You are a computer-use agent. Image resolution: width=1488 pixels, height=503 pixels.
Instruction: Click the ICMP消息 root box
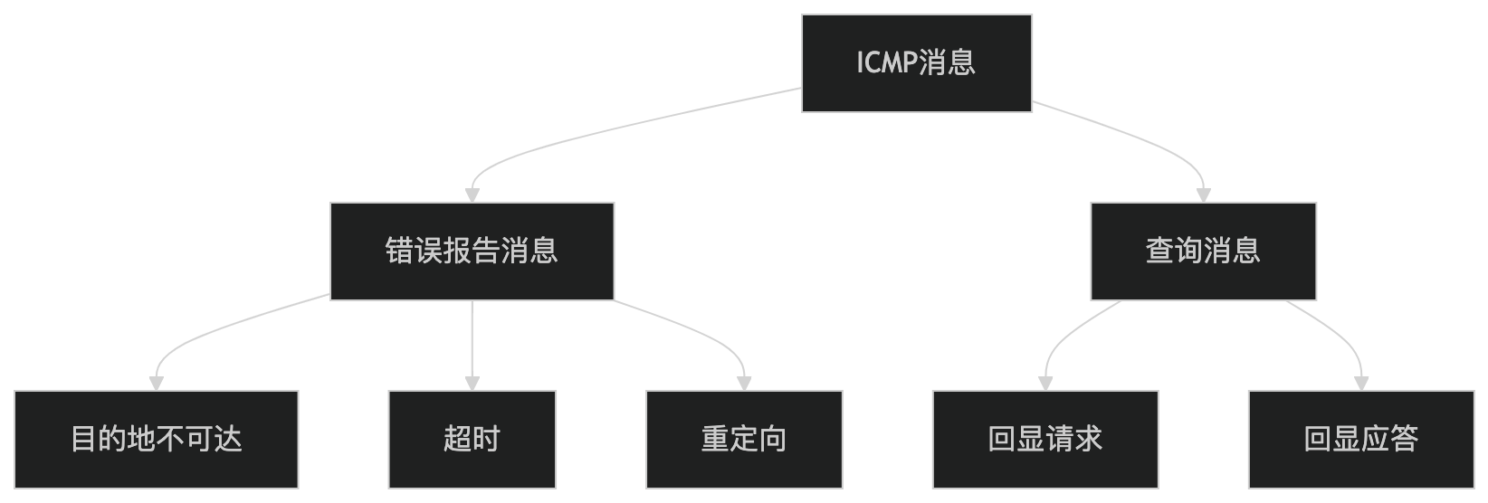[x=916, y=63]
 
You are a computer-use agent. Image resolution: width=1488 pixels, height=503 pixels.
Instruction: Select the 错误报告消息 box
[x=472, y=251]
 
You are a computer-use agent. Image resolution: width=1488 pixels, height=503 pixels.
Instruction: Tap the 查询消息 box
[x=1202, y=251]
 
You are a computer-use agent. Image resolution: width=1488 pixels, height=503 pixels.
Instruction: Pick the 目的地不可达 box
[x=156, y=440]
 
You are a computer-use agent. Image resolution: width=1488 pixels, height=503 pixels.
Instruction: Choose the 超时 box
[x=472, y=440]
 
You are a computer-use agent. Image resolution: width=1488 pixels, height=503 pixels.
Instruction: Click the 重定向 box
[x=744, y=440]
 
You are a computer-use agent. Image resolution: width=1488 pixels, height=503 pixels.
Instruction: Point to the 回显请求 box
[x=1044, y=440]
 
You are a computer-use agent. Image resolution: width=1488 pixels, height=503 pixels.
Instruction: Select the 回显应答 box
[x=1360, y=440]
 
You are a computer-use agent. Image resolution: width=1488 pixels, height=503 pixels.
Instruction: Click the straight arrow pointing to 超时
[x=472, y=339]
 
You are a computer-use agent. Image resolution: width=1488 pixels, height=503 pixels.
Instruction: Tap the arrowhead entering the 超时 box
[x=472, y=383]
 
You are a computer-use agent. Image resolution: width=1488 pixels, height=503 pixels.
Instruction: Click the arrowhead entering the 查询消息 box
[x=1203, y=195]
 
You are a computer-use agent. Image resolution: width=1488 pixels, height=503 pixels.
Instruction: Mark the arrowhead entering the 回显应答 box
[x=1360, y=383]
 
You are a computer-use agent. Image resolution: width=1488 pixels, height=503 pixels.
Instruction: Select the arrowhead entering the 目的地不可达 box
[x=156, y=383]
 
